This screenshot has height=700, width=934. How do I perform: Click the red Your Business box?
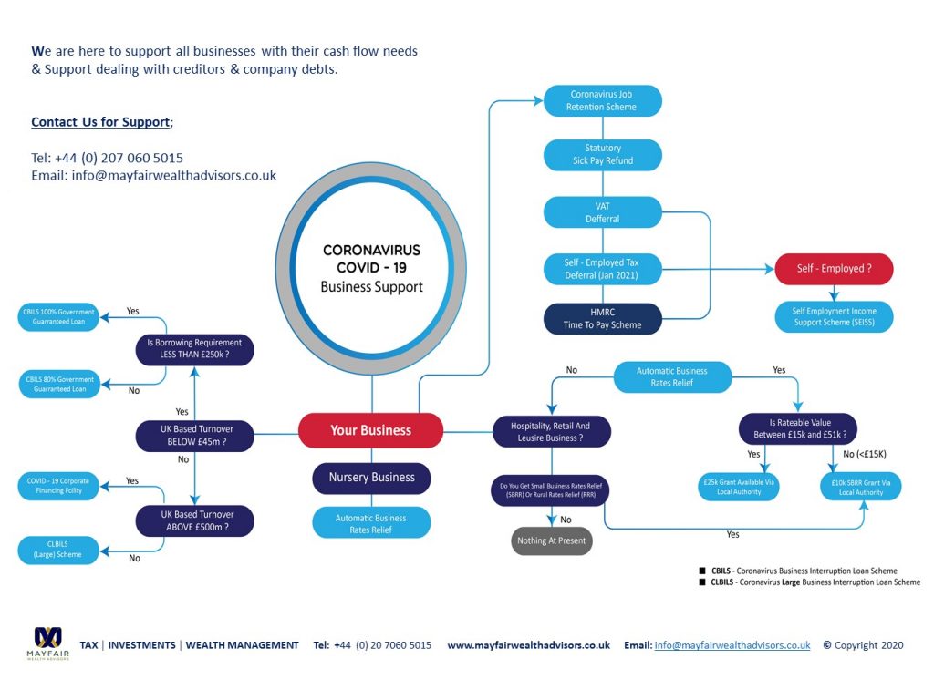(x=370, y=430)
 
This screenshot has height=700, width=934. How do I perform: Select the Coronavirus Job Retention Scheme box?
(x=602, y=100)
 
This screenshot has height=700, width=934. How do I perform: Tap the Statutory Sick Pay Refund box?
(x=602, y=154)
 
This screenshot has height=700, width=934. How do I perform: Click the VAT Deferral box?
(x=602, y=212)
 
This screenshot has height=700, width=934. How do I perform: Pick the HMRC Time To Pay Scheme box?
(x=602, y=319)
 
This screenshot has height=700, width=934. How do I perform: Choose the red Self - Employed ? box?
(x=833, y=269)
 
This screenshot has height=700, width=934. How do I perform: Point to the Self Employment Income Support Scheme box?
(x=833, y=317)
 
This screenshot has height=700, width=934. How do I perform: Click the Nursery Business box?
(x=371, y=477)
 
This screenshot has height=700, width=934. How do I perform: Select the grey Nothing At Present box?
(x=551, y=540)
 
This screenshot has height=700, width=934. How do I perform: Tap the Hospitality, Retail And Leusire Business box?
(x=552, y=431)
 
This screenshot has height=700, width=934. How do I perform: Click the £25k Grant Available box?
(x=739, y=486)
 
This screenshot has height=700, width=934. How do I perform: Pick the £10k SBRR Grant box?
(x=860, y=486)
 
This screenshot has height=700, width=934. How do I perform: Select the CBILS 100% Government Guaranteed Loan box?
(x=58, y=316)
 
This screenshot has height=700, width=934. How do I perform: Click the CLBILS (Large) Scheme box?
(x=58, y=549)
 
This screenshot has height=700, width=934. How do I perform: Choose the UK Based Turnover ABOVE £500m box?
(x=194, y=520)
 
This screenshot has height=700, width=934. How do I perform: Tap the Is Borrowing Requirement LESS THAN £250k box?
(x=194, y=349)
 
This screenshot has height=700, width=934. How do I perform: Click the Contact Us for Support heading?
(x=100, y=122)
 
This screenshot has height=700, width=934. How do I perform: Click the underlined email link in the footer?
(x=732, y=645)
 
